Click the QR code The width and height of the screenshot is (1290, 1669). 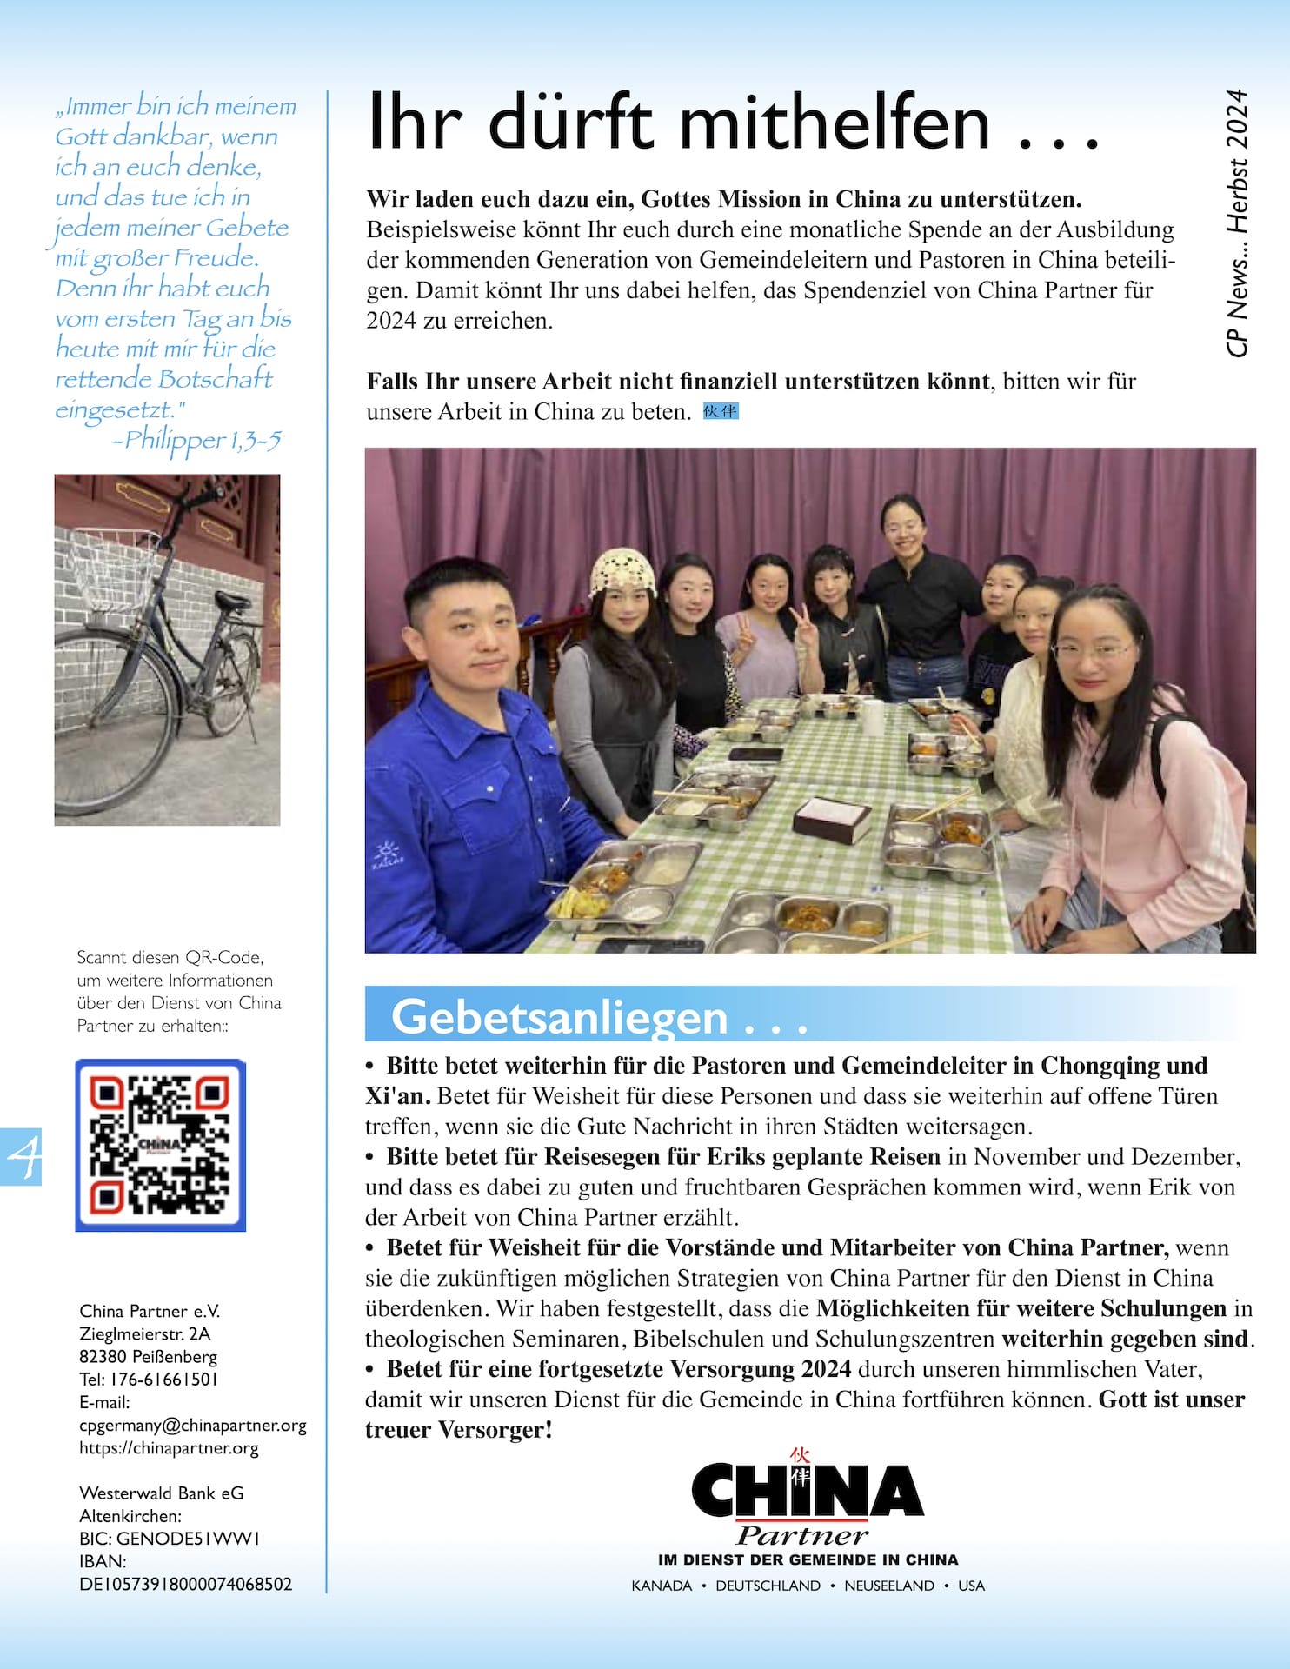[161, 1145]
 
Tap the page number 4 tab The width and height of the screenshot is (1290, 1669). [21, 1156]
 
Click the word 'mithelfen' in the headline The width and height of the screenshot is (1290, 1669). [835, 123]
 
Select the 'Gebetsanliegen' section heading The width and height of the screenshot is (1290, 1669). [560, 1016]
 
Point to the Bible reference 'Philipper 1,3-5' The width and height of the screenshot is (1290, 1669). [202, 441]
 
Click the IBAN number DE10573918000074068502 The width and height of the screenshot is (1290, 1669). [186, 1584]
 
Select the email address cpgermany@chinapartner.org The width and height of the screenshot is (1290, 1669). [193, 1425]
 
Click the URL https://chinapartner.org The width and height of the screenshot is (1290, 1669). [169, 1447]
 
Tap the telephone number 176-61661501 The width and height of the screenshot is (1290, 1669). [163, 1379]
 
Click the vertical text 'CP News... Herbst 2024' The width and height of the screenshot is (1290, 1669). [1237, 223]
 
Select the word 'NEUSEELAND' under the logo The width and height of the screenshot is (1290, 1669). [888, 1586]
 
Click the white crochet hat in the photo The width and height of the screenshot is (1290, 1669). [622, 570]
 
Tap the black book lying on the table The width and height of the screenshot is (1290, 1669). [832, 818]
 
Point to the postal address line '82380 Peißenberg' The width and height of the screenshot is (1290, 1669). [148, 1356]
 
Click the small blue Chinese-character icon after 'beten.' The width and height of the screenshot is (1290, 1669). [721, 411]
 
